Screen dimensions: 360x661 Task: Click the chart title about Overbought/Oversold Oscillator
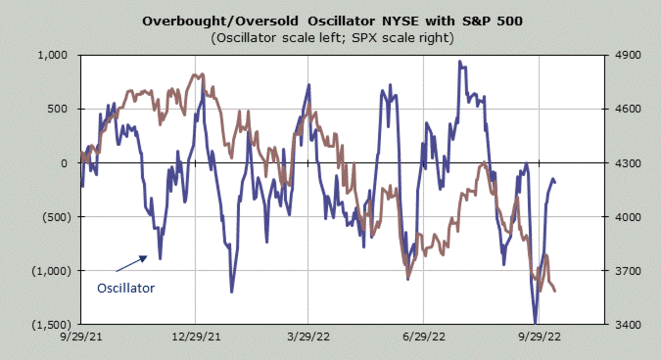click(x=330, y=22)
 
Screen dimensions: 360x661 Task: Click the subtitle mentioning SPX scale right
click(x=330, y=39)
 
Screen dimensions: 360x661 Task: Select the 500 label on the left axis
click(x=62, y=109)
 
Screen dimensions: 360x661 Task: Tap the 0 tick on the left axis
click(x=69, y=163)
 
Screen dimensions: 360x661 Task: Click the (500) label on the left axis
click(x=58, y=216)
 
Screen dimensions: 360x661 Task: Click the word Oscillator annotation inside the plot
click(x=126, y=288)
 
